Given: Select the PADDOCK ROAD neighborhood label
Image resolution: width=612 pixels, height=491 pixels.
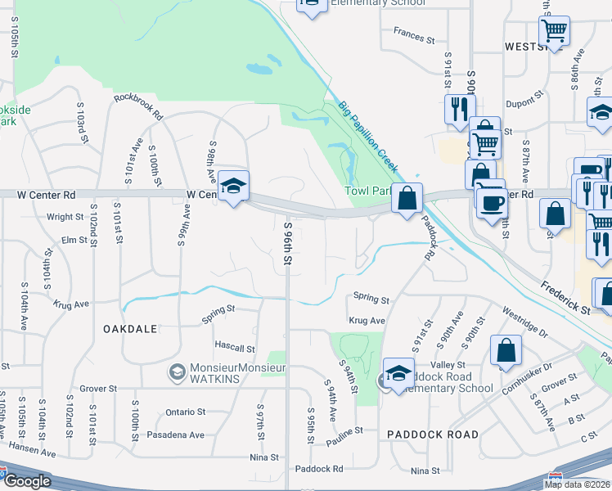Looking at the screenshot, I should click(433, 434).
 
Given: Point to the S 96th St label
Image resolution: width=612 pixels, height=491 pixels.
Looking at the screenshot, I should click(287, 243).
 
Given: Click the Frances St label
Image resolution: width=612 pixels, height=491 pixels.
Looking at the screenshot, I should click(413, 36).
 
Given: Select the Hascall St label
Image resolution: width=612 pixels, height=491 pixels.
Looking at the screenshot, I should click(235, 349).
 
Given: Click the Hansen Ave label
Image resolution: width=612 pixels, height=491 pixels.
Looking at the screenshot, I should click(31, 452).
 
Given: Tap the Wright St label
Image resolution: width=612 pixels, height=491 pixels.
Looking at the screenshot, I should click(65, 217).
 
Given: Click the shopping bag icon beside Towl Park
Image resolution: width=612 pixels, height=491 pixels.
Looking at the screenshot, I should click(407, 198).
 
